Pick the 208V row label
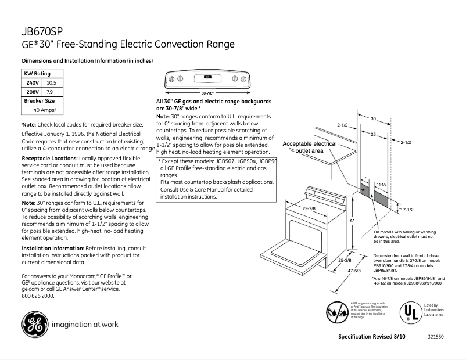click(x=32, y=92)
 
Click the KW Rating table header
click(x=37, y=74)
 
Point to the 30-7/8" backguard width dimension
click(x=207, y=93)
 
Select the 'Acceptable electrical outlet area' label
click(x=309, y=147)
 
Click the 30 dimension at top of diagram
click(x=374, y=119)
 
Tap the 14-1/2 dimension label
click(x=381, y=184)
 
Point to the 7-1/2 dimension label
click(x=408, y=208)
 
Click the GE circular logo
click(x=34, y=323)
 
